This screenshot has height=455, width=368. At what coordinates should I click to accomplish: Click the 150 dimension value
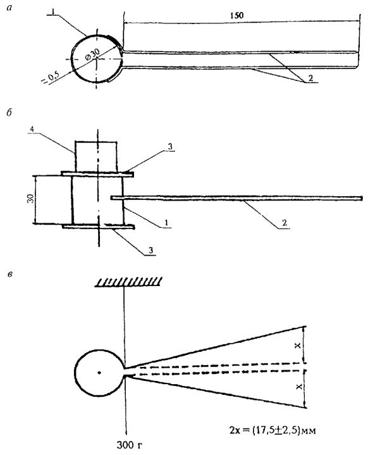(x=236, y=16)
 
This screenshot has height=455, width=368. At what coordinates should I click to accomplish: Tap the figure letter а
(x=9, y=8)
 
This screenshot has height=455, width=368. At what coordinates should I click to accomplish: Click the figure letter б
(x=9, y=113)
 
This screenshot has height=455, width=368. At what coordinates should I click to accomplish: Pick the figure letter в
(x=10, y=274)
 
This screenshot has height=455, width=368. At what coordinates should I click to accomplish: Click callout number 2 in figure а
(x=311, y=78)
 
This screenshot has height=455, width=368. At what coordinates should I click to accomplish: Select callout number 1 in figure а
(x=52, y=11)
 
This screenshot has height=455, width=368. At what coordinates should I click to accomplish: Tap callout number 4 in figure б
(x=32, y=128)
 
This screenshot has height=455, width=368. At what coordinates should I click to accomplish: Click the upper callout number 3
(x=170, y=147)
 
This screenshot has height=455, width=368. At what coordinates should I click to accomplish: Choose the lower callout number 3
(x=150, y=250)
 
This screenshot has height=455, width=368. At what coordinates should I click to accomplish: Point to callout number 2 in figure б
(x=285, y=223)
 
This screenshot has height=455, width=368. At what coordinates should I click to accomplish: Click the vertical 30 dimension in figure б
(x=31, y=199)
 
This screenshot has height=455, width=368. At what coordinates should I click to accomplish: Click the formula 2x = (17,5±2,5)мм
(x=273, y=430)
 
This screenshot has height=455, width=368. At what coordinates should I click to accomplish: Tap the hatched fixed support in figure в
(x=128, y=282)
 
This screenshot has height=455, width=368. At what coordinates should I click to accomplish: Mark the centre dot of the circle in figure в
(x=99, y=373)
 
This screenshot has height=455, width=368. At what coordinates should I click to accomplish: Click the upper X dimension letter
(x=298, y=346)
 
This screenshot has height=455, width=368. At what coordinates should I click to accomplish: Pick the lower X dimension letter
(x=298, y=387)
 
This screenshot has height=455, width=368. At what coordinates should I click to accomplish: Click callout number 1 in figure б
(x=166, y=223)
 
